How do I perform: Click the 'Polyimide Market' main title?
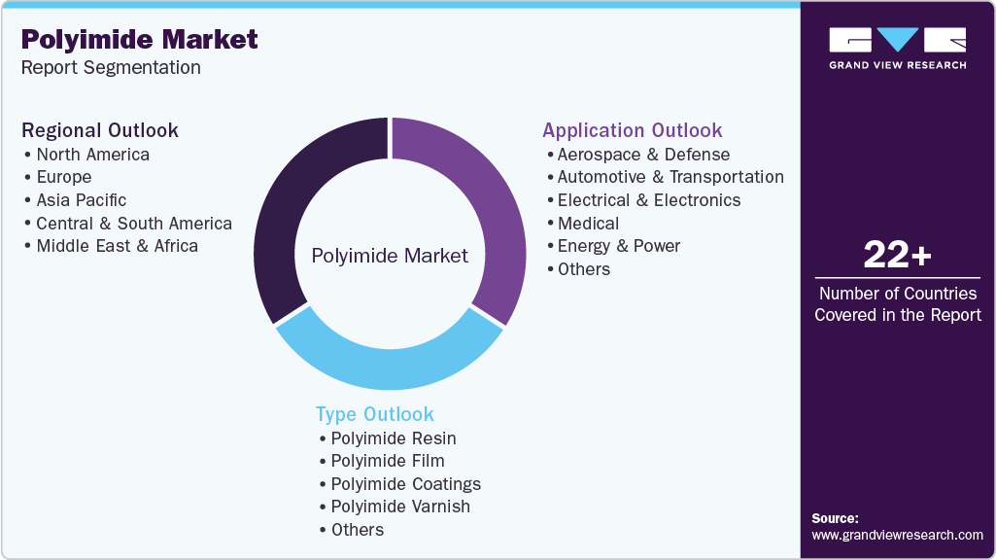[139, 39]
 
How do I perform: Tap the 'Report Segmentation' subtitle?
[111, 68]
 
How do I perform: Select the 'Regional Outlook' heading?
[100, 130]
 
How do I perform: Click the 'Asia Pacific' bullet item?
[81, 200]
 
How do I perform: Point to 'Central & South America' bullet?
[134, 224]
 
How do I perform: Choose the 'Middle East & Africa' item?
[117, 246]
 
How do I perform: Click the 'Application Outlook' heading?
[632, 130]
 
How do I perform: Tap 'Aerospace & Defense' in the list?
[643, 155]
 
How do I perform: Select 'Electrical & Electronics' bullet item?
[648, 200]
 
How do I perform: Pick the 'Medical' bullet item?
[588, 224]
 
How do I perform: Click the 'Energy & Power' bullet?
[618, 246]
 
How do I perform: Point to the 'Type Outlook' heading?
[374, 414]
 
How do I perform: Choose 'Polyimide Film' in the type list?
[387, 461]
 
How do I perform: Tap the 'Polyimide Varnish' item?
[399, 507]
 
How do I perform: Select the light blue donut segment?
[389, 364]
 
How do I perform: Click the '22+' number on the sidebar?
[897, 257]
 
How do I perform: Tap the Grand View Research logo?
[897, 48]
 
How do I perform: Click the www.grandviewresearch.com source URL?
[897, 536]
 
